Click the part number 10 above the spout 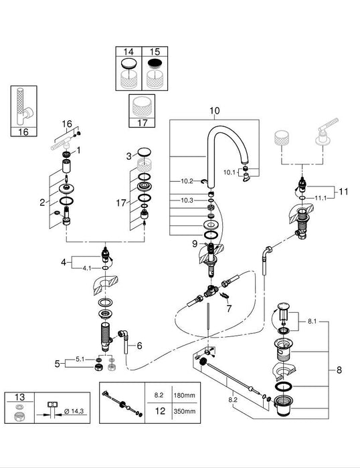[214, 110]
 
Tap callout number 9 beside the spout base [194, 245]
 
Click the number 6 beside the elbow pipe [139, 346]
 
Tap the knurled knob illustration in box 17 [141, 108]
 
